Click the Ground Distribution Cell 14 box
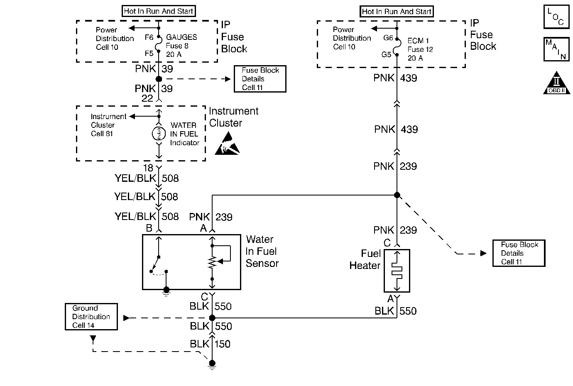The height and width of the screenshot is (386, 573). pos(91,317)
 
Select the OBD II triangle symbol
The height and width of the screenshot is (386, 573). pos(556,84)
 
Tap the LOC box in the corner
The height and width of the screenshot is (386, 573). pos(556,17)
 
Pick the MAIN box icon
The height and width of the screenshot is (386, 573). pos(556,49)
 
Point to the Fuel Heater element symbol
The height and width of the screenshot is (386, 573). pos(397,271)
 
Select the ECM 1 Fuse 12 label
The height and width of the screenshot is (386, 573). pos(420,49)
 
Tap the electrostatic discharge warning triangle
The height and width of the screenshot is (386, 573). pos(227,144)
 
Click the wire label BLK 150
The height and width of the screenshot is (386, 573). pos(210,344)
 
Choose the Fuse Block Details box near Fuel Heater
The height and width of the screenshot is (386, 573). pos(519,253)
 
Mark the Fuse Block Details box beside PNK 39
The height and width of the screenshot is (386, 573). pos(260,79)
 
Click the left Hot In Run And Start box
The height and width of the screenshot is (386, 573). pos(159,11)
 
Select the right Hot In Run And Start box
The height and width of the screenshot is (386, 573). pos(397,12)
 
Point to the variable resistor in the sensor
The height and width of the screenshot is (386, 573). pos(213,262)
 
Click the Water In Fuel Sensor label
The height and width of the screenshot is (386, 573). pos(262,251)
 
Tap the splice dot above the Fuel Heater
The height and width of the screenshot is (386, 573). pos(397,195)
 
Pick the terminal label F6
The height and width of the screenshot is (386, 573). pos(149,37)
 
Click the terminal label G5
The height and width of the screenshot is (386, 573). pos(386,54)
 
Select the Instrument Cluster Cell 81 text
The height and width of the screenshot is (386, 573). pos(108,125)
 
